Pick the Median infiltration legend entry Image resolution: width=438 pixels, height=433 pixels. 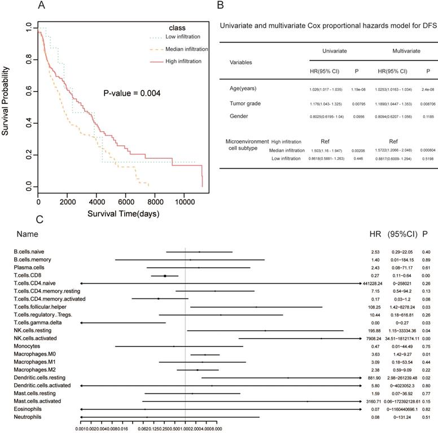187,49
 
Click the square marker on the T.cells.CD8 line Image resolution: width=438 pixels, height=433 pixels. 165,276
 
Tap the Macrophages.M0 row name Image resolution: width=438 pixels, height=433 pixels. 34,354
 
